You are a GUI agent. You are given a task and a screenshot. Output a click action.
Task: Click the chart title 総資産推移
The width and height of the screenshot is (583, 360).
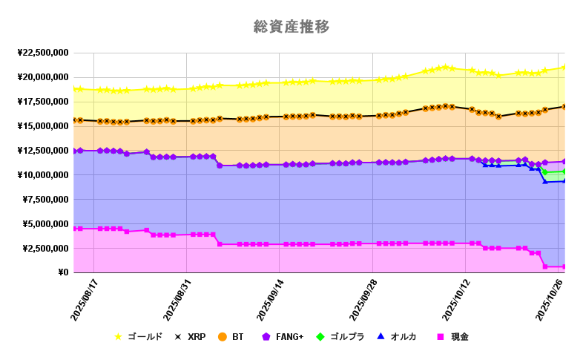pyautogui.click(x=291, y=27)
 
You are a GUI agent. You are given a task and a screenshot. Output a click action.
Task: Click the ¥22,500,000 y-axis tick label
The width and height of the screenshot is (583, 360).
pyautogui.click(x=42, y=53)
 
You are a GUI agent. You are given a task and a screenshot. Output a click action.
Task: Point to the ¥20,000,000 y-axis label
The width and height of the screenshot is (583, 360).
pyautogui.click(x=42, y=77)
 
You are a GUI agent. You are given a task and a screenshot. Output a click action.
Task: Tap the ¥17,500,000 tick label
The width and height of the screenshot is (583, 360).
pyautogui.click(x=42, y=102)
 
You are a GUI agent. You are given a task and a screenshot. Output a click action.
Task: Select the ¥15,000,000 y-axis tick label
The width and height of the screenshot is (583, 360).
pyautogui.click(x=42, y=126)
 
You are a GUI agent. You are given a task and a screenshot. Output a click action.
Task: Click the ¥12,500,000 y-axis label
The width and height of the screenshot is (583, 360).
pyautogui.click(x=42, y=151)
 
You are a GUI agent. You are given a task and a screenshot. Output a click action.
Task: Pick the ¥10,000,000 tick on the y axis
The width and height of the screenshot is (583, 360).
pyautogui.click(x=42, y=175)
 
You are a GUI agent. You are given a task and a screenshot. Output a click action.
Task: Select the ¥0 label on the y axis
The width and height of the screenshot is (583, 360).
pyautogui.click(x=62, y=273)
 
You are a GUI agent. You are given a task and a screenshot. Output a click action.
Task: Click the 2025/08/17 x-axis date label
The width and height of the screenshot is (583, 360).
pyautogui.click(x=82, y=300)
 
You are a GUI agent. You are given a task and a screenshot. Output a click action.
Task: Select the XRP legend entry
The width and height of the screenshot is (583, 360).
pyautogui.click(x=192, y=337)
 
